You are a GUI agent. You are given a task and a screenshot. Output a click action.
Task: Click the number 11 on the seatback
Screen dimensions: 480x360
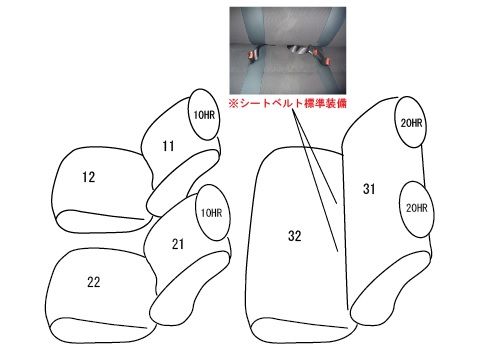(168, 146)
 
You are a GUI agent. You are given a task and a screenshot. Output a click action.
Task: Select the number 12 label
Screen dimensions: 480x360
(89, 177)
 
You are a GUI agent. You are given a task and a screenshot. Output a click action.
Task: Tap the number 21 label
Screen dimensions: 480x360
(178, 244)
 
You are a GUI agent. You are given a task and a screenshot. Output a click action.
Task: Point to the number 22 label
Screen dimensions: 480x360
(94, 282)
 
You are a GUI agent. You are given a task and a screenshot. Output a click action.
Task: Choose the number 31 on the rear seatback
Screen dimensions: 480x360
(369, 189)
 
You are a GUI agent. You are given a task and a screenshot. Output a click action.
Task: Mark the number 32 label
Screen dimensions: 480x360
(295, 236)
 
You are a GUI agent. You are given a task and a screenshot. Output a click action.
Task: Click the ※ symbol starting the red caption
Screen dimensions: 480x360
(233, 104)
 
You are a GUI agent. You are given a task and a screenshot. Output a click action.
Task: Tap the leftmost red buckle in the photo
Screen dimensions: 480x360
(252, 54)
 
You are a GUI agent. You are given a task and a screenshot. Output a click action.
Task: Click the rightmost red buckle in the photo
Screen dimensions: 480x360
(327, 61)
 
